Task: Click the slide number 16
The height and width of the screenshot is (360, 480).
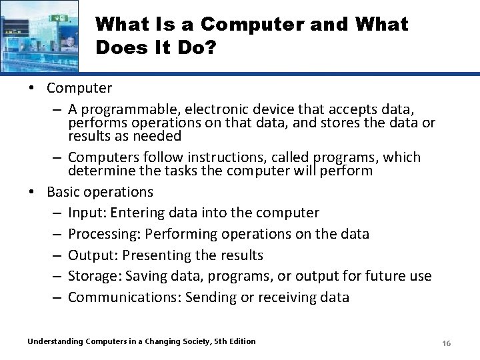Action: (x=447, y=343)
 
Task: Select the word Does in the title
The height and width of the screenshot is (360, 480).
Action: (x=119, y=48)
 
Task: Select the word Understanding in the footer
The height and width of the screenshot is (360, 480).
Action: (x=55, y=341)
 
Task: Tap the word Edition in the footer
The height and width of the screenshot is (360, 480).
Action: (x=241, y=341)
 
